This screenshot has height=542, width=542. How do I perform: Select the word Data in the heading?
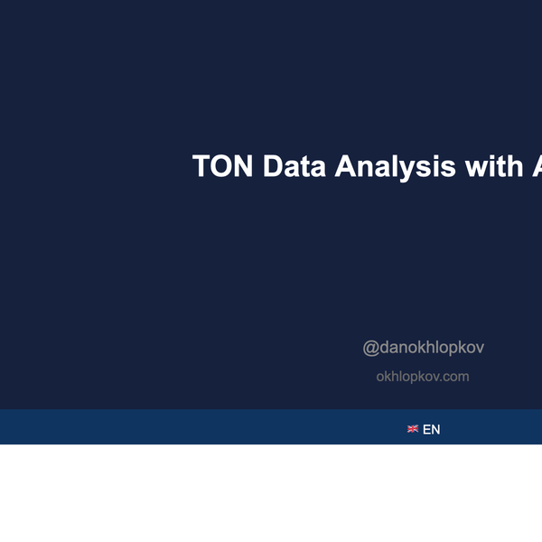click(x=293, y=166)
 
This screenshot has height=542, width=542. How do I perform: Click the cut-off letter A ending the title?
click(x=536, y=166)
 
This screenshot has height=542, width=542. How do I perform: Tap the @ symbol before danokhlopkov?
click(x=370, y=348)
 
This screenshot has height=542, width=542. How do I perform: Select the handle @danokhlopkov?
click(x=423, y=348)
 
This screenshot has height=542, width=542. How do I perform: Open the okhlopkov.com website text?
click(x=422, y=377)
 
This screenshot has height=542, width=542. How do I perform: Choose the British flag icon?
click(x=413, y=429)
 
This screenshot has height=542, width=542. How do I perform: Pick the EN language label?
click(x=431, y=429)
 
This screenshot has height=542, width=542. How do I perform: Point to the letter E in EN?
click(x=426, y=429)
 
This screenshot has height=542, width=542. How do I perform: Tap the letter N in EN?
click(x=435, y=429)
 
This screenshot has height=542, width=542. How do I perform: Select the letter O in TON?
click(x=220, y=166)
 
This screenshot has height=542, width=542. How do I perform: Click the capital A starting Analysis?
click(x=346, y=166)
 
